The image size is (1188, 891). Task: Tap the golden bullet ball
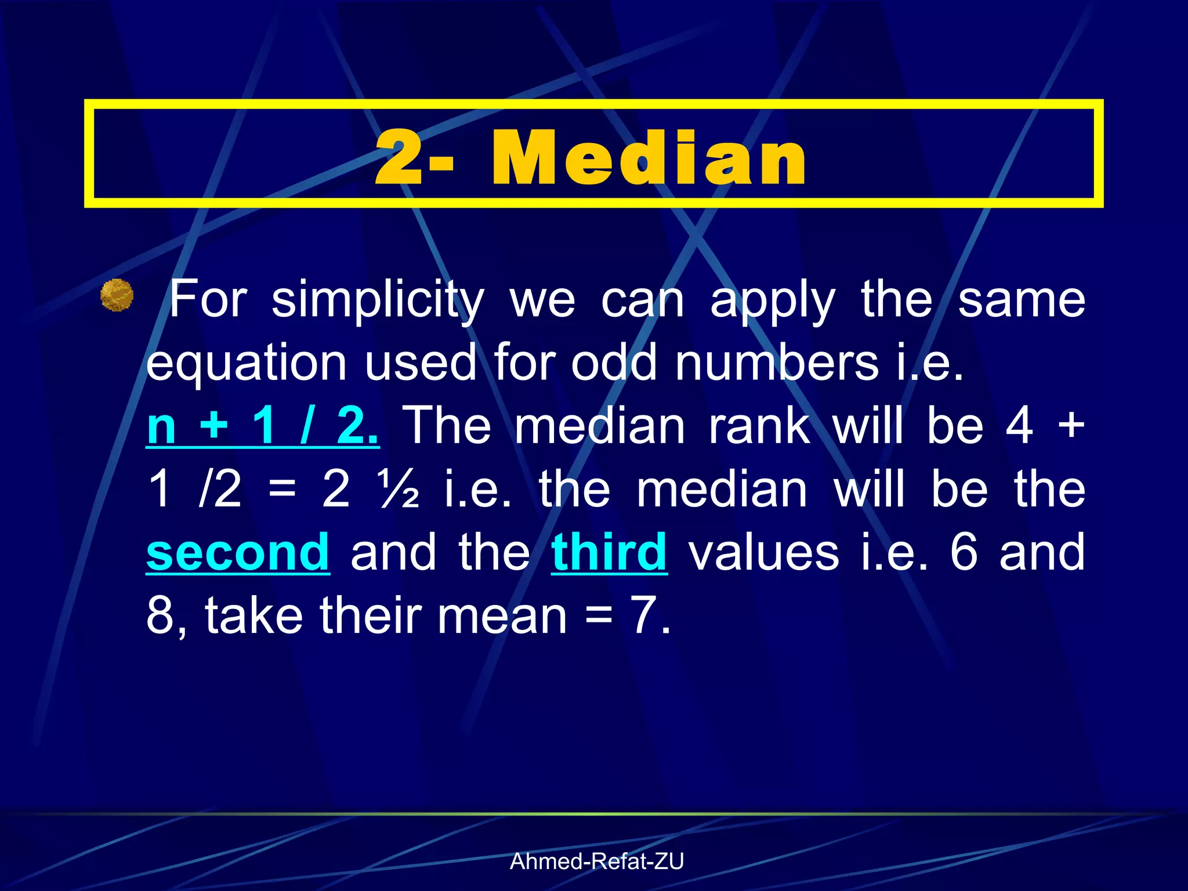tap(117, 295)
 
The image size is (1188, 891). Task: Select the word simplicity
tap(378, 300)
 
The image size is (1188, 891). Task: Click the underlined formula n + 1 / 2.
tap(263, 426)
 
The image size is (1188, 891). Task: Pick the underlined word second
tap(238, 552)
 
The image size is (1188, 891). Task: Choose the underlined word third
tap(609, 552)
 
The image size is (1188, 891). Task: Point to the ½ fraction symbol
tap(399, 489)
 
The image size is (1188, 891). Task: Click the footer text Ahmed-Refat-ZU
tap(597, 861)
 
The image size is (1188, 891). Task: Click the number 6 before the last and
tap(964, 552)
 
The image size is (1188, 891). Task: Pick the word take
tap(253, 615)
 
